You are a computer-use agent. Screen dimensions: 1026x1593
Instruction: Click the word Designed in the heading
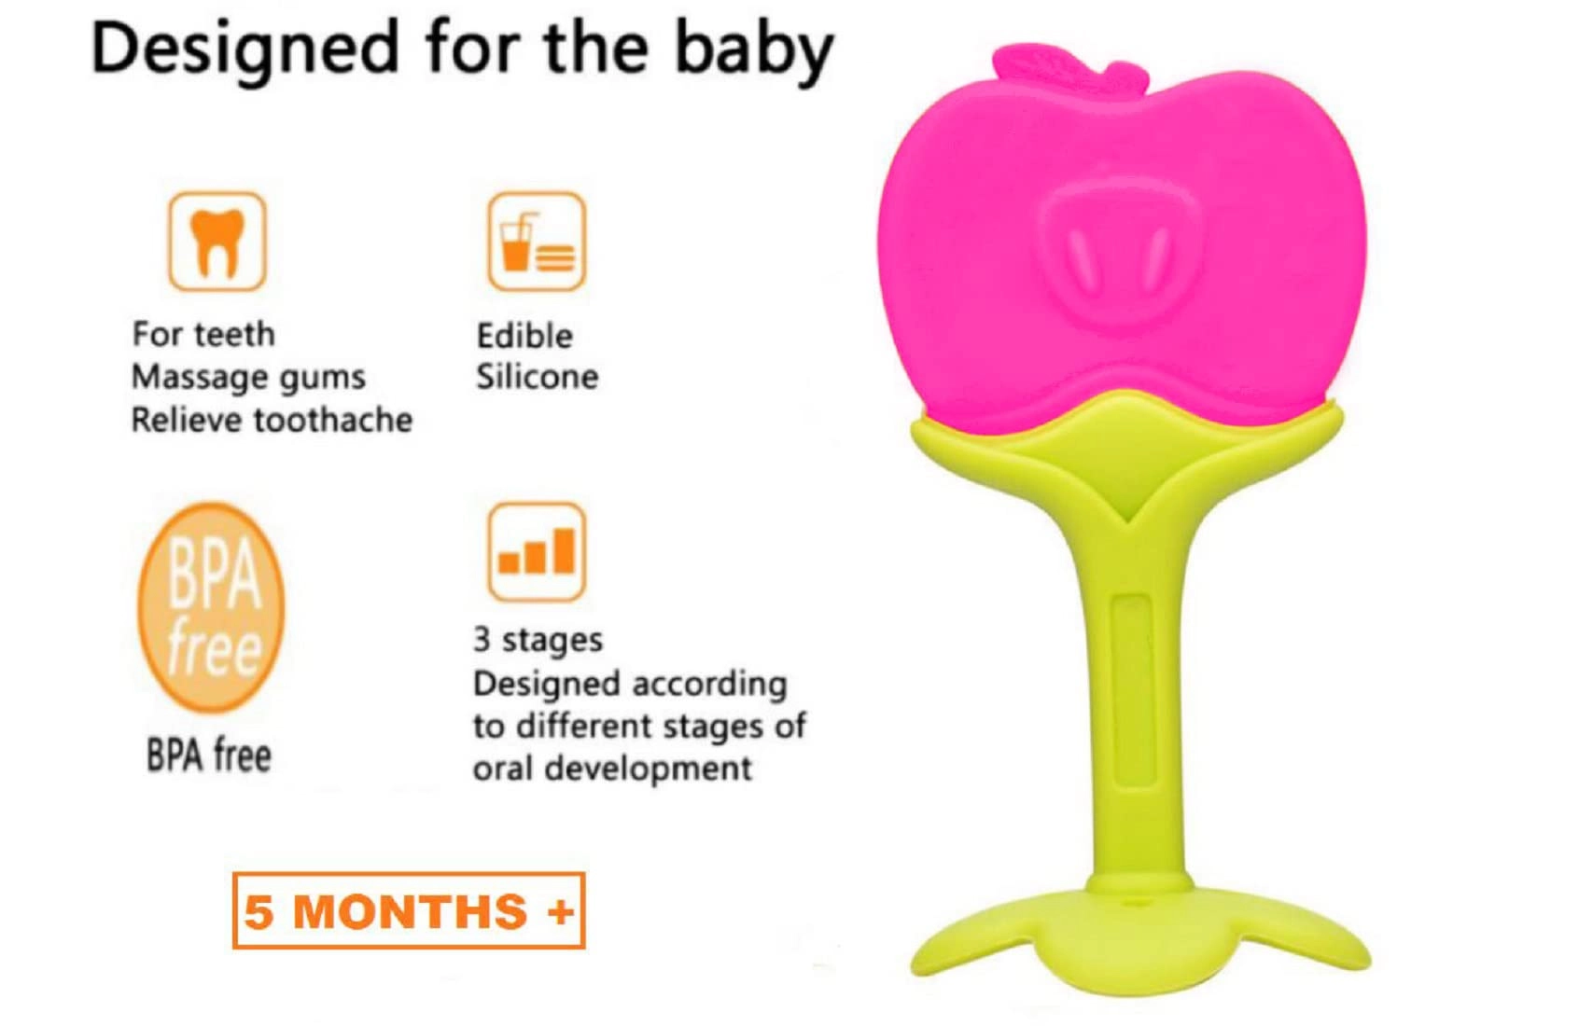coord(245,49)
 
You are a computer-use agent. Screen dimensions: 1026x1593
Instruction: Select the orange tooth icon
coord(217,242)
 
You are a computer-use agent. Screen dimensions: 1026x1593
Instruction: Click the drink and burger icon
coord(537,242)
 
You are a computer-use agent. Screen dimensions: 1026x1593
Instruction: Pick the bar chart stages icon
coord(537,551)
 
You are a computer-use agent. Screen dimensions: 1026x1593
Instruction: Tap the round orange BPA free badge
coord(212,607)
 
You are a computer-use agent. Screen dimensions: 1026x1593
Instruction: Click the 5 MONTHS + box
coord(409,910)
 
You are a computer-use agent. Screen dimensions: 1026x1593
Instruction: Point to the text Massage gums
coord(248,378)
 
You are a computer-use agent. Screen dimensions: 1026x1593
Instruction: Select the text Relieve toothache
coord(272,421)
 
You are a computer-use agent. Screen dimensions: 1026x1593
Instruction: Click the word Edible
coord(524,336)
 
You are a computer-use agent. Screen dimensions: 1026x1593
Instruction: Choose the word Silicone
coord(537,378)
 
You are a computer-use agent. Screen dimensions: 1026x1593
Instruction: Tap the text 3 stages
coord(538,640)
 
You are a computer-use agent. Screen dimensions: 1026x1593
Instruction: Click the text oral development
coord(611,769)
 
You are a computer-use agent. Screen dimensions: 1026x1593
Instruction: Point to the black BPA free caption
coord(209,756)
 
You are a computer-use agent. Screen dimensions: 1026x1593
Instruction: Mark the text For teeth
coord(203,334)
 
